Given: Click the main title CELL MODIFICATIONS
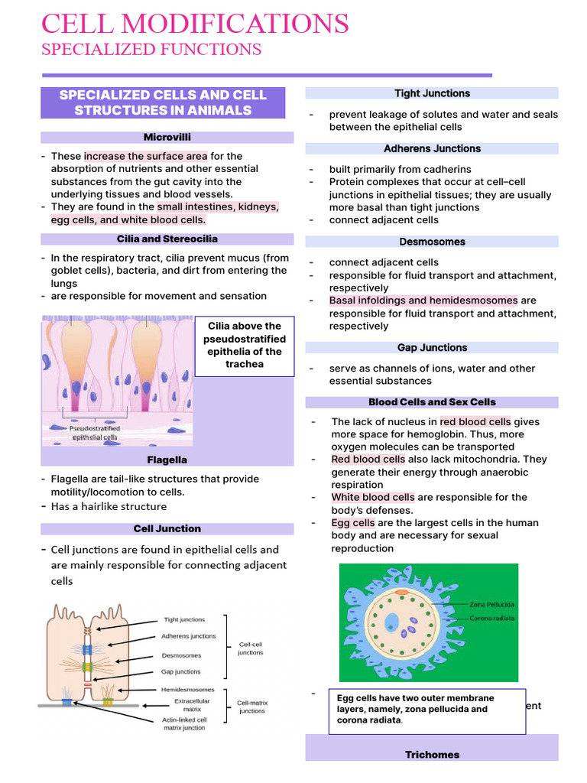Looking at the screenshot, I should point(195,24).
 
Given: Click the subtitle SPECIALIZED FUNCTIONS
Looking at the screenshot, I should point(151,50).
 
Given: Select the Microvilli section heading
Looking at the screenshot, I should point(167,137).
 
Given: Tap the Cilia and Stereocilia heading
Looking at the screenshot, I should point(167,239).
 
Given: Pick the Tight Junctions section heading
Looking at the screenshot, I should point(432,93).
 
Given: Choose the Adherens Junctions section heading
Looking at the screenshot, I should point(432,148).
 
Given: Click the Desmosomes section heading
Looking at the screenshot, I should point(432,242).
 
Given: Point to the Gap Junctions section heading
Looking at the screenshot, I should point(432,347).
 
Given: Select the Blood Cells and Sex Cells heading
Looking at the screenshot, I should point(432,401).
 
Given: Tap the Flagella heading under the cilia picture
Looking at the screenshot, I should point(167,460).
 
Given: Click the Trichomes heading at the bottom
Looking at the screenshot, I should point(432,755).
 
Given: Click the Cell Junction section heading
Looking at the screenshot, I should point(167,528).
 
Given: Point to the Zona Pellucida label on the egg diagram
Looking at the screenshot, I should point(493,603).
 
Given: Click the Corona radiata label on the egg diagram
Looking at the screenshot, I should point(491,618).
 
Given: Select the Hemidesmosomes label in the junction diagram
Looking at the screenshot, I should point(187,689).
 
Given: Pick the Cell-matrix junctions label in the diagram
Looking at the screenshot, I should point(252,707).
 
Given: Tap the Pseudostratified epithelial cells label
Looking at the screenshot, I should point(95,433).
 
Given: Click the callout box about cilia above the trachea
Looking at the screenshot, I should point(244,345).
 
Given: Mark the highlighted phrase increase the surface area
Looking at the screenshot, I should point(146,156).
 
